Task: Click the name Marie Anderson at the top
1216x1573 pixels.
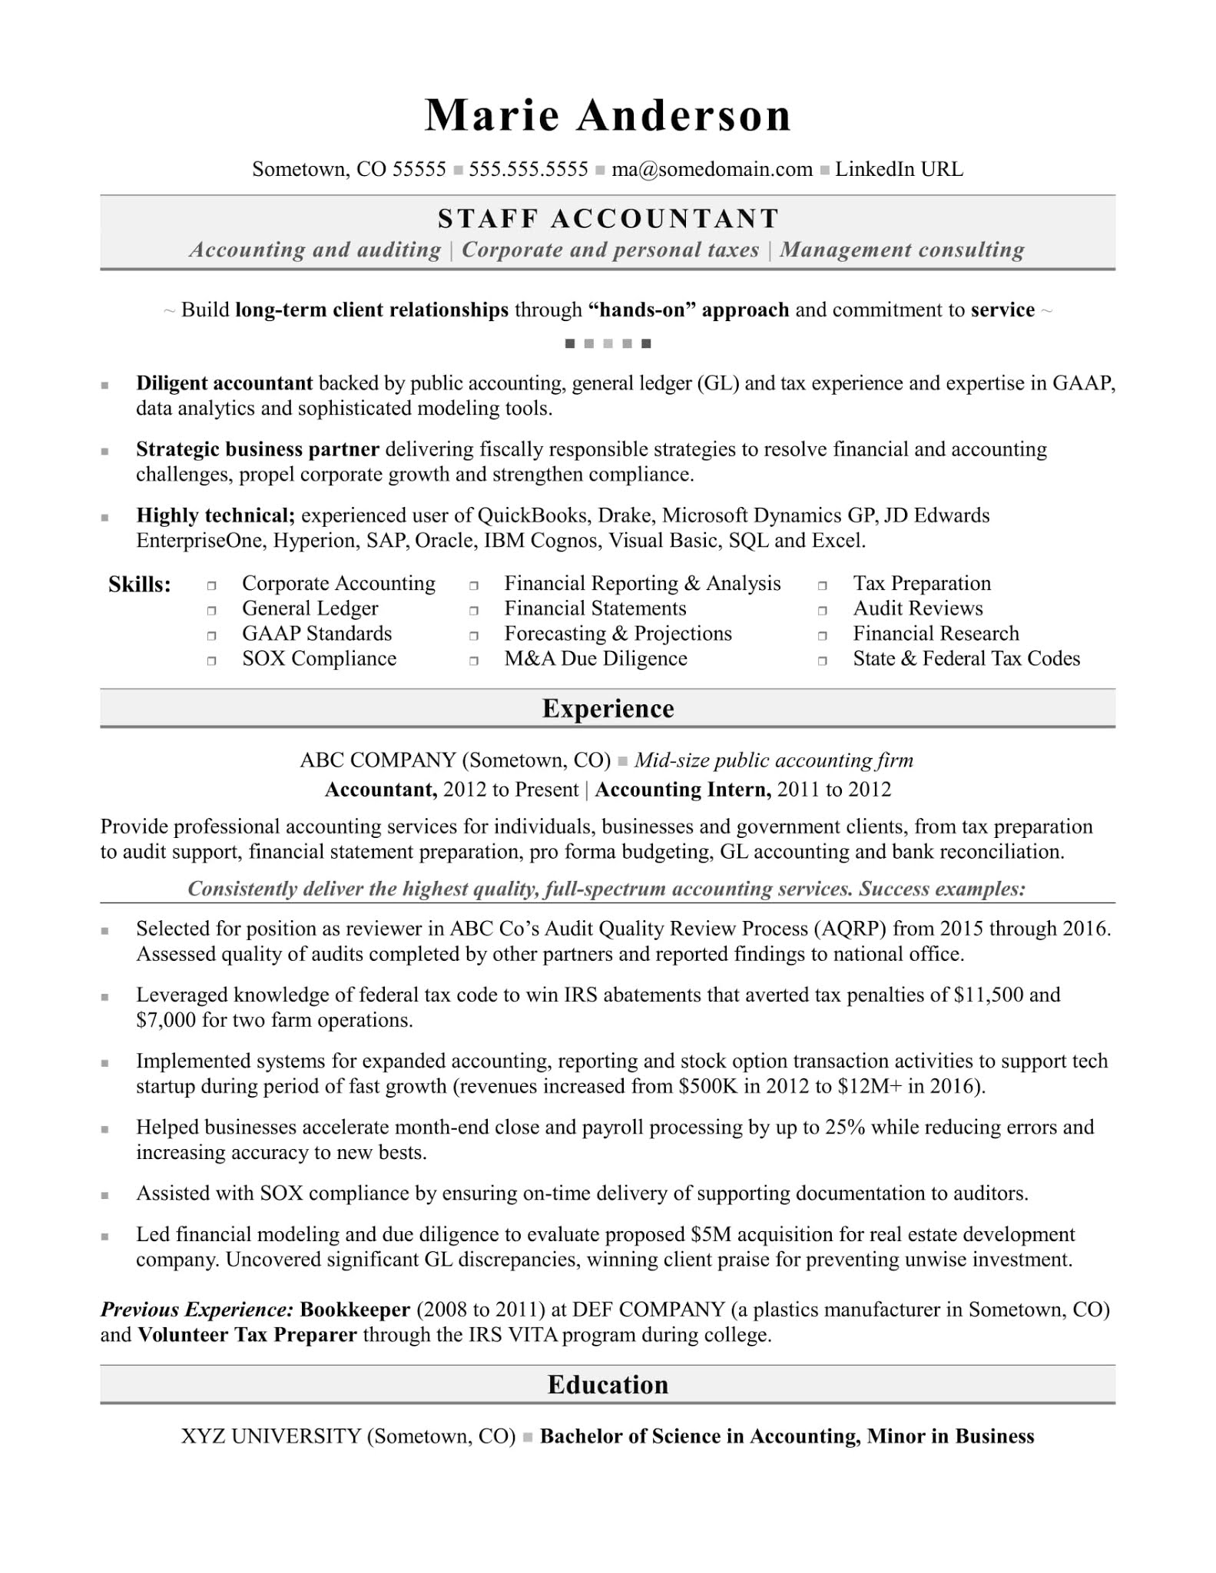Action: click(x=608, y=116)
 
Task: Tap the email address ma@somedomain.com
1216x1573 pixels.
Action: click(x=711, y=170)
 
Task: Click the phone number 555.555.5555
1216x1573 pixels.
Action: click(x=528, y=170)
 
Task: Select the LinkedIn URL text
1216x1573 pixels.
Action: click(x=899, y=170)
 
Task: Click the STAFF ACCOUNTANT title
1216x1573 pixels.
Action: click(x=608, y=219)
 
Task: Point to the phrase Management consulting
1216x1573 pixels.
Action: click(x=902, y=250)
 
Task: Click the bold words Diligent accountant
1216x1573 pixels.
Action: click(x=224, y=383)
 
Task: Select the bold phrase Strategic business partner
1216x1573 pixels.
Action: click(x=257, y=449)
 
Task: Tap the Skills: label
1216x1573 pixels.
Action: click(x=139, y=585)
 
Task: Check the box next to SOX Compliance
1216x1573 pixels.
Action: click(x=211, y=661)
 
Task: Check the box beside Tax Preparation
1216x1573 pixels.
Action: click(x=822, y=585)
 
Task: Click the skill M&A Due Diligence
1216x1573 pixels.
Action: click(x=595, y=659)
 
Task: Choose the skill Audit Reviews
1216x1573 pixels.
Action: click(x=917, y=608)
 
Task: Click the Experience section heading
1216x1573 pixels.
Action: click(x=608, y=708)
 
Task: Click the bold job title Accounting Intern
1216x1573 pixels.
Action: click(x=682, y=790)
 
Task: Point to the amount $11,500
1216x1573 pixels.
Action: click(x=988, y=995)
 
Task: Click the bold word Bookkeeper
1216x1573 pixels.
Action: click(x=355, y=1310)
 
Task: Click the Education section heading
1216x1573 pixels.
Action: click(x=608, y=1385)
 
